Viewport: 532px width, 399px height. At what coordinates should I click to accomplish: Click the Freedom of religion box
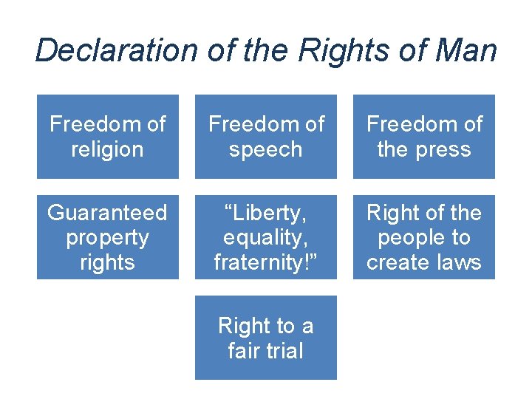tap(108, 136)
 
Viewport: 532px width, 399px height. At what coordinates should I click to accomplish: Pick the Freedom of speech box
tap(266, 136)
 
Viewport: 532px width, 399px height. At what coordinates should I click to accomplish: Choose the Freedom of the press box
tap(424, 136)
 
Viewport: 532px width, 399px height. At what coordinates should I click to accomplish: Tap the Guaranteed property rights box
tap(108, 237)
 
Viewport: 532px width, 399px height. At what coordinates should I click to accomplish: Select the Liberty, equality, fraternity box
tap(266, 237)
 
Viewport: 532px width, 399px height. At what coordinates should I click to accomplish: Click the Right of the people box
tap(424, 237)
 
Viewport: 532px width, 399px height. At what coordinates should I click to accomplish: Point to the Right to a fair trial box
tap(266, 338)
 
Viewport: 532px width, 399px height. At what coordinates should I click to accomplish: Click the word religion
tap(108, 149)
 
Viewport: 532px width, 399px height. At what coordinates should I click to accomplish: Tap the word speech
tap(266, 149)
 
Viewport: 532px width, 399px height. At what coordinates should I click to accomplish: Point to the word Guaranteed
tap(108, 213)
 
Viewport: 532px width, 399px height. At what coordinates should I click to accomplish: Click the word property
tap(108, 238)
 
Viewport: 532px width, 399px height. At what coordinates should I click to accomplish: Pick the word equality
tap(266, 238)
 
